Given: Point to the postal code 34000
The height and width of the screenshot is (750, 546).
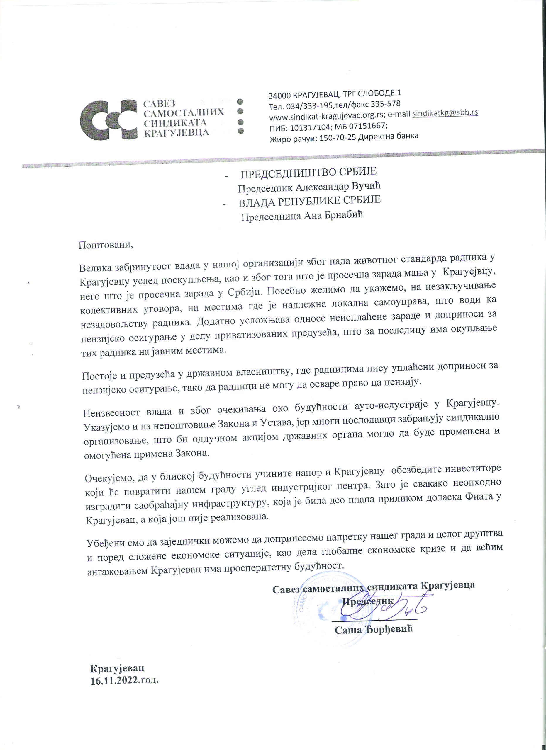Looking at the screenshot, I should pyautogui.click(x=279, y=96).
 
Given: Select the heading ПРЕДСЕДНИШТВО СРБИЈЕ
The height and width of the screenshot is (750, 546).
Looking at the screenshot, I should pyautogui.click(x=308, y=172).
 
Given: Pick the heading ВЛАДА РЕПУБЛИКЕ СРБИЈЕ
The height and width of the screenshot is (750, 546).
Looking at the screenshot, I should pyautogui.click(x=309, y=201).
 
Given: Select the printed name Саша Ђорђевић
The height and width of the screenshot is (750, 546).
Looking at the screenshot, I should pyautogui.click(x=374, y=629).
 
